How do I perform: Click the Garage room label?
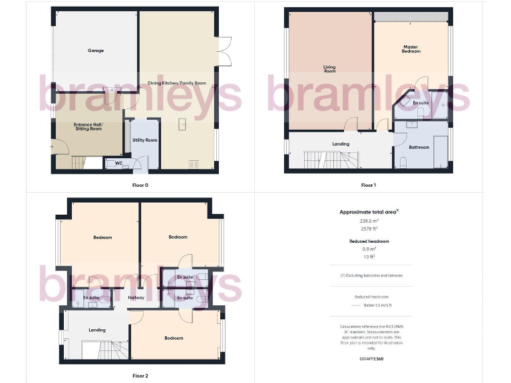click(95, 51)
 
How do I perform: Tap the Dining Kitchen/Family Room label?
click(177, 83)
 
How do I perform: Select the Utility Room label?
click(144, 140)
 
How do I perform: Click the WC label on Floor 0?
click(119, 163)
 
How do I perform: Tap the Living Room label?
click(329, 68)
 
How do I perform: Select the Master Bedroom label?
click(411, 49)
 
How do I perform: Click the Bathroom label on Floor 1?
click(419, 147)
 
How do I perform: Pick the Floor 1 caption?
click(369, 185)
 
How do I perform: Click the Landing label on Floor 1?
click(341, 144)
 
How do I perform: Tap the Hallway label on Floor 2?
click(136, 297)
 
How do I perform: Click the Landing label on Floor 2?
click(97, 330)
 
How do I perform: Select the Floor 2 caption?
click(140, 376)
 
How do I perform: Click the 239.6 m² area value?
click(369, 221)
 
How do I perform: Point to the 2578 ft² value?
click(369, 228)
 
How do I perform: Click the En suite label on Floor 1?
click(421, 103)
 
